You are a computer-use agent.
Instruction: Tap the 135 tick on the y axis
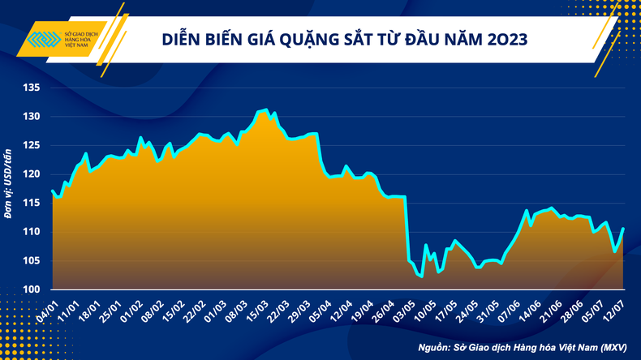tap(30, 88)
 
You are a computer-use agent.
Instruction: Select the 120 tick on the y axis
tap(30, 174)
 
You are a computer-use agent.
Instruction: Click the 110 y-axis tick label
tap(30, 232)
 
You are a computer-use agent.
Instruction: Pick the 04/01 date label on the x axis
tap(45, 309)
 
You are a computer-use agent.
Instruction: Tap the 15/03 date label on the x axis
tap(257, 309)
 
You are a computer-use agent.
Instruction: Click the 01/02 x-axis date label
tap(130, 309)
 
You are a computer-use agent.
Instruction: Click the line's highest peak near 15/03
tap(265, 109)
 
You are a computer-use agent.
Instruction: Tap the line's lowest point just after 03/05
tap(422, 276)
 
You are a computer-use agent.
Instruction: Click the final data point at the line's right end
tap(622, 228)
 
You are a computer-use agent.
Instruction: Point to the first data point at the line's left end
tap(52, 191)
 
